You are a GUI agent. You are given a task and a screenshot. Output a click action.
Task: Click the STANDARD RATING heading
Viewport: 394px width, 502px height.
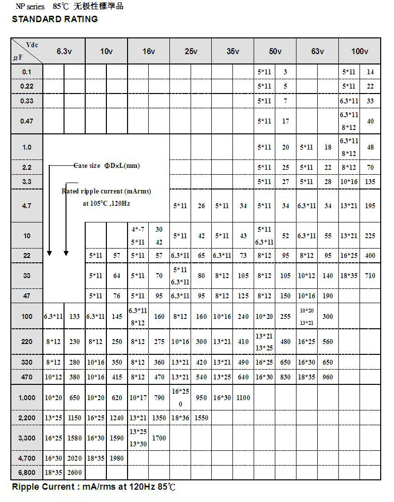coord(55,19)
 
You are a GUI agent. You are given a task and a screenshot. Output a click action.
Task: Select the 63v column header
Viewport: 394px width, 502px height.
coord(318,52)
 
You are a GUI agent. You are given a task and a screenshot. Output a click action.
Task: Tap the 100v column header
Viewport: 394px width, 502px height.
coord(360,52)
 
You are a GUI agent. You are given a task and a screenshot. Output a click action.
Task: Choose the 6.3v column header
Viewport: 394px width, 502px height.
coord(64,52)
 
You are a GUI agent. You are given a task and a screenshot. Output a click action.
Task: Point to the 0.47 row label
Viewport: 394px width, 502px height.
coord(27,121)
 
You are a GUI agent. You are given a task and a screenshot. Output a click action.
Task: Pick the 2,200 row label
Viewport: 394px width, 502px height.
coord(27,418)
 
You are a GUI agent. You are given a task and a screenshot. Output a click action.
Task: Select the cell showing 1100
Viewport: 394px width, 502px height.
coord(243,398)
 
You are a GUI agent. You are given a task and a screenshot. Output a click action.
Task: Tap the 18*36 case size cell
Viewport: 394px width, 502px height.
coord(180,418)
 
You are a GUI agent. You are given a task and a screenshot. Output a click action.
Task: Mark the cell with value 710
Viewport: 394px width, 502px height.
coord(370,276)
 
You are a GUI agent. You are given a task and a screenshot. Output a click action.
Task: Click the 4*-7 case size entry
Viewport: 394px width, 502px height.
coord(138,229)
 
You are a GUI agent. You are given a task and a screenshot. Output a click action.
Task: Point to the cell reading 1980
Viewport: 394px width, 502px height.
coord(117,458)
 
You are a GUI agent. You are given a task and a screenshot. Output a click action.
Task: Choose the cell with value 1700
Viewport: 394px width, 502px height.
coord(159,437)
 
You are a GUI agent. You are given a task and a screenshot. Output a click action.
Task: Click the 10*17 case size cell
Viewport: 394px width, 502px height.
coord(138,398)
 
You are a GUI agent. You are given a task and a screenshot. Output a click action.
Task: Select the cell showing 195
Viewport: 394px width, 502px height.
coord(370,206)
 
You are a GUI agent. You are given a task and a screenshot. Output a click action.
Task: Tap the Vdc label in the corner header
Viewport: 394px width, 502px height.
coord(32,45)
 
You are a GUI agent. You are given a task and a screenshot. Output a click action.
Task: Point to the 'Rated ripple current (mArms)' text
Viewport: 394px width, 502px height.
coord(106,191)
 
